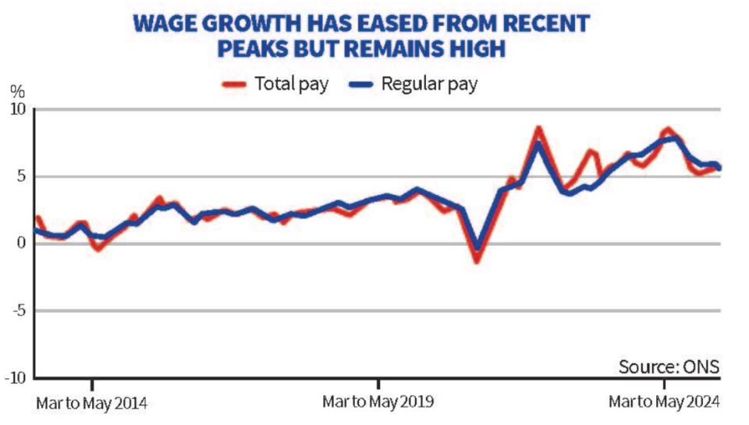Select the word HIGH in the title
coord(477,49)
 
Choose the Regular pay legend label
coord(429,84)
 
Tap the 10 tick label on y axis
coord(17,109)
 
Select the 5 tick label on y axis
coord(21,176)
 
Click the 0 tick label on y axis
coord(21,243)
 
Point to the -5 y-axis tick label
coord(18,310)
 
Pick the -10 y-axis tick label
coord(15,377)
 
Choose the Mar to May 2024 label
coord(664,402)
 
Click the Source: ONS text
coord(669,366)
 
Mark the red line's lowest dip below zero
coord(477,260)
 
